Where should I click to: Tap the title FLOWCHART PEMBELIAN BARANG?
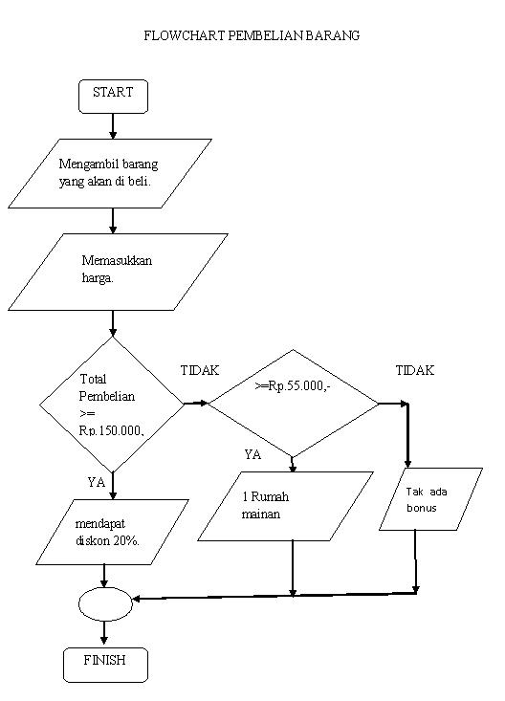tap(252, 35)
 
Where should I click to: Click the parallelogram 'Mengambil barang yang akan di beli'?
tap(109, 173)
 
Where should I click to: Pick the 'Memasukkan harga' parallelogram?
tap(118, 271)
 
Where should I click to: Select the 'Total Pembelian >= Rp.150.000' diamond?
tap(112, 405)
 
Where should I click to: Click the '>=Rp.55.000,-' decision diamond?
tap(294, 403)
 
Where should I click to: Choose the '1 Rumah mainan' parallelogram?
tap(285, 507)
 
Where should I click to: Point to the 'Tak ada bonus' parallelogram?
tap(430, 499)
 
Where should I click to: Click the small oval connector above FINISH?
tap(103, 603)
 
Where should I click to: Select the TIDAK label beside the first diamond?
tap(200, 370)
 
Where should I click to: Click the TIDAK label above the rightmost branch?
tap(415, 370)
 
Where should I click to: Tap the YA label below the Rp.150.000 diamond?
tap(96, 483)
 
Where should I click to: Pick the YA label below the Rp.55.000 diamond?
tap(252, 455)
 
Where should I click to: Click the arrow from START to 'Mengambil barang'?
tap(113, 126)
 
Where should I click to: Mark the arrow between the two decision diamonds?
tap(195, 403)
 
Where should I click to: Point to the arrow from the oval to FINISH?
tap(103, 633)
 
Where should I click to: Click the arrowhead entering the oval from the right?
tap(138, 599)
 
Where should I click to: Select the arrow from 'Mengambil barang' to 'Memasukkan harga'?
tap(113, 221)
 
